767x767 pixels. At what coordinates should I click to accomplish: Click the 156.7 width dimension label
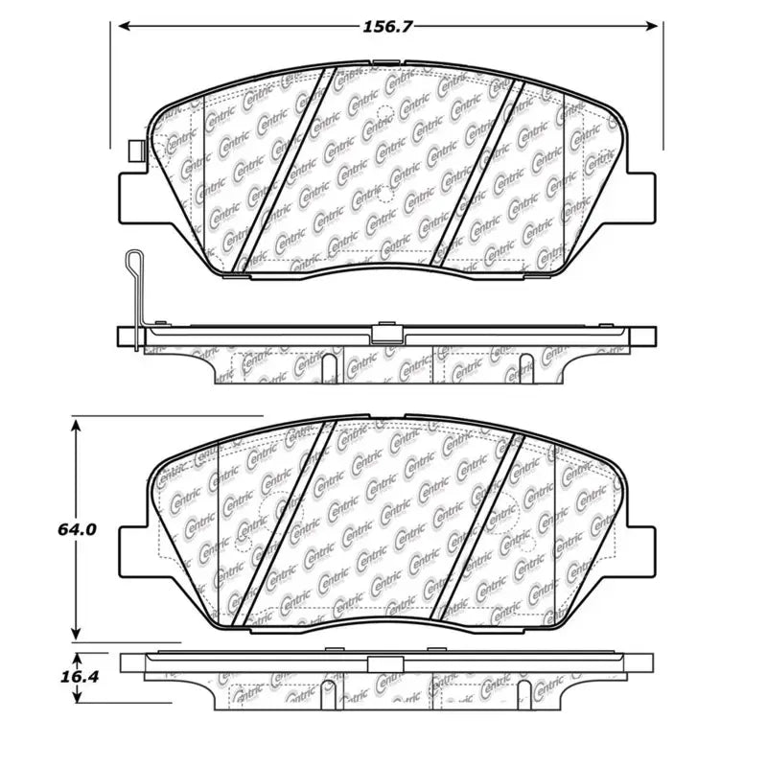(387, 27)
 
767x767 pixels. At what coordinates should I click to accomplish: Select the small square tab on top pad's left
(134, 151)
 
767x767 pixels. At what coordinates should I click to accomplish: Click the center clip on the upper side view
(386, 334)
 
